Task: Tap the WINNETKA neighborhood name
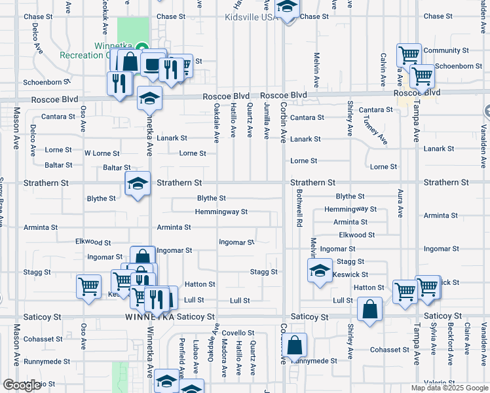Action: pyautogui.click(x=149, y=317)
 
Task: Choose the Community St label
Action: pyautogui.click(x=446, y=50)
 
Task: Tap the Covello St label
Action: pyautogui.click(x=238, y=333)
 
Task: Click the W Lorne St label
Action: pyautogui.click(x=102, y=153)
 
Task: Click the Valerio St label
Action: pyautogui.click(x=435, y=383)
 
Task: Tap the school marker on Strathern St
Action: pyautogui.click(x=138, y=184)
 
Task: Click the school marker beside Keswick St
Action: pyautogui.click(x=319, y=271)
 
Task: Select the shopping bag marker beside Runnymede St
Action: pyautogui.click(x=295, y=345)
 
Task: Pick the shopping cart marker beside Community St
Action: pyautogui.click(x=409, y=54)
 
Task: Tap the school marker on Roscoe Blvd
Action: pyautogui.click(x=149, y=99)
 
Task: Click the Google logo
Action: pyautogui.click(x=22, y=385)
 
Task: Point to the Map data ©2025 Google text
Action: pyautogui.click(x=449, y=388)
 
